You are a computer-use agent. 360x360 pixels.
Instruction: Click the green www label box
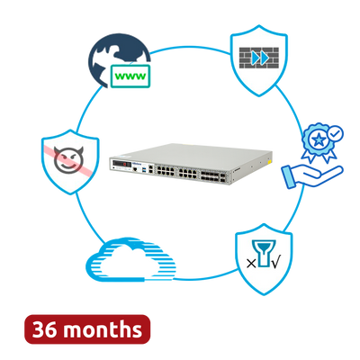coord(130,76)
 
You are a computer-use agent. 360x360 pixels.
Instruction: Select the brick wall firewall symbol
coord(259,58)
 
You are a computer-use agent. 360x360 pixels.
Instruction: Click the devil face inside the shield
coord(68,159)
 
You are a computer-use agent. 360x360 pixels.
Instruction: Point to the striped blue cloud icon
coord(130,260)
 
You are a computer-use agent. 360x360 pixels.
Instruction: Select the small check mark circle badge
coord(336,133)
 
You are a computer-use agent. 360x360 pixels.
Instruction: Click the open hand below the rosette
coord(312,176)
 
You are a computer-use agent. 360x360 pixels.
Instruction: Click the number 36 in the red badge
coord(44,329)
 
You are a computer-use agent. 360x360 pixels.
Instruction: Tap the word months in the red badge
coord(103,329)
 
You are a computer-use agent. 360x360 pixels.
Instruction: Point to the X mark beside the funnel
coord(251,264)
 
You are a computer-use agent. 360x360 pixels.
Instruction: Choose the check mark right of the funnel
coord(275,263)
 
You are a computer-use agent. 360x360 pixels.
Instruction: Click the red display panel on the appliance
coord(122,165)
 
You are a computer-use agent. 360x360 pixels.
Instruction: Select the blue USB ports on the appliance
coord(145,170)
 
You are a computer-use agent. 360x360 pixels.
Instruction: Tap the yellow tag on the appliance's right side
coord(269,162)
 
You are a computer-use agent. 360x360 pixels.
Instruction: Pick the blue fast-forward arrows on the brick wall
coord(260,58)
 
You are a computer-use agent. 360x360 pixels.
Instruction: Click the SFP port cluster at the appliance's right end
coord(214,175)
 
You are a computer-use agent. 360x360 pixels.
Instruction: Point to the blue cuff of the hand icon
coord(288,177)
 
